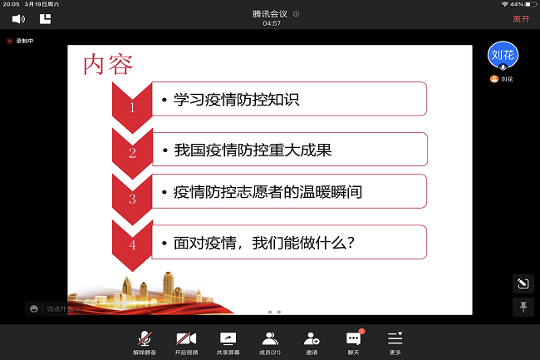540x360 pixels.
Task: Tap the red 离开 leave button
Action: pos(521,19)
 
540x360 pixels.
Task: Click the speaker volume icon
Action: pos(18,18)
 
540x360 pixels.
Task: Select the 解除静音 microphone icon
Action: pos(145,338)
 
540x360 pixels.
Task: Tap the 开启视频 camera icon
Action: pos(186,338)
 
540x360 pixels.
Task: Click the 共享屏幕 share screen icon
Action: pos(228,338)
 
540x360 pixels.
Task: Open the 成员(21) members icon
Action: pos(270,338)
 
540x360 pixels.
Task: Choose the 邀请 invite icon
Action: pos(312,338)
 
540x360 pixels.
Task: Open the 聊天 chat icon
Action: pos(353,338)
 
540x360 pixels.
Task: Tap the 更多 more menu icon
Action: pos(395,338)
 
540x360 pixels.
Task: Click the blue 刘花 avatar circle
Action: pos(503,55)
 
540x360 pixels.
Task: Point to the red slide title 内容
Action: pos(108,64)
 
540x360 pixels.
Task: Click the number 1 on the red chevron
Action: pos(132,108)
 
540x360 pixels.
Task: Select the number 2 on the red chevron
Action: pos(132,153)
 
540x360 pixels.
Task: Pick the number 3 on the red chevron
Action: pos(132,199)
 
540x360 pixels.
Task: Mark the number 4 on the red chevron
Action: pos(132,245)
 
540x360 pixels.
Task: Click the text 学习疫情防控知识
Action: pos(236,100)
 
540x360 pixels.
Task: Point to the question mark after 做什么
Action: pos(351,243)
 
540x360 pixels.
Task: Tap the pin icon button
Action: pos(523,307)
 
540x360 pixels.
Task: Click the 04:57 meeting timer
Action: pos(272,23)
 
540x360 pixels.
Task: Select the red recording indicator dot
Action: pos(10,41)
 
